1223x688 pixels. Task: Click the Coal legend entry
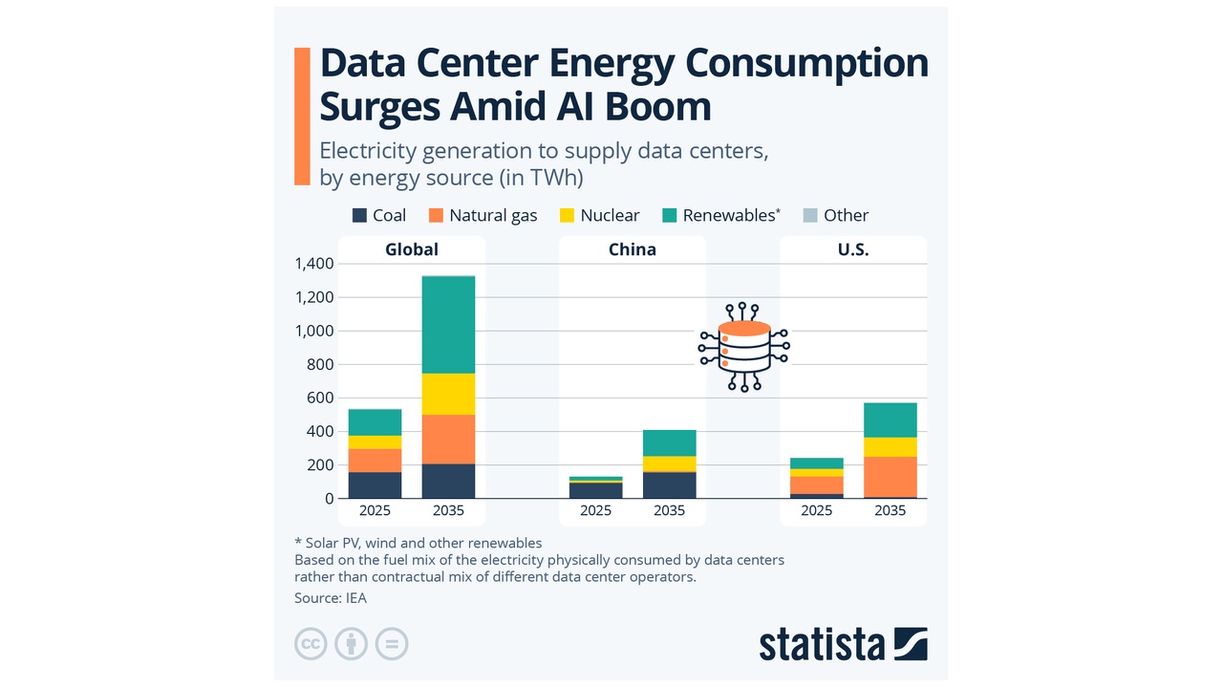(379, 215)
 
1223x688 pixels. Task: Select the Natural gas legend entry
(483, 215)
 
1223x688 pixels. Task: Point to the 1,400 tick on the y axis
(314, 264)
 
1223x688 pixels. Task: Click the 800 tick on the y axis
(322, 364)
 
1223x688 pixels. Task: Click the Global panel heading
(412, 249)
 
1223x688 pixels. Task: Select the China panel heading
(633, 249)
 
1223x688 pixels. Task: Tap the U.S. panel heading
(852, 249)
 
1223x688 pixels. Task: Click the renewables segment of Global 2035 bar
(449, 325)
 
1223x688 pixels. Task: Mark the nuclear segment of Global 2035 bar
(449, 394)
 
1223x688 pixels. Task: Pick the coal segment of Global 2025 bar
(375, 485)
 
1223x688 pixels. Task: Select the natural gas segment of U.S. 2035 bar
(890, 476)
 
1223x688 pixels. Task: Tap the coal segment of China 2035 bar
(669, 485)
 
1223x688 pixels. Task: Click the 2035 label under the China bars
(669, 510)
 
